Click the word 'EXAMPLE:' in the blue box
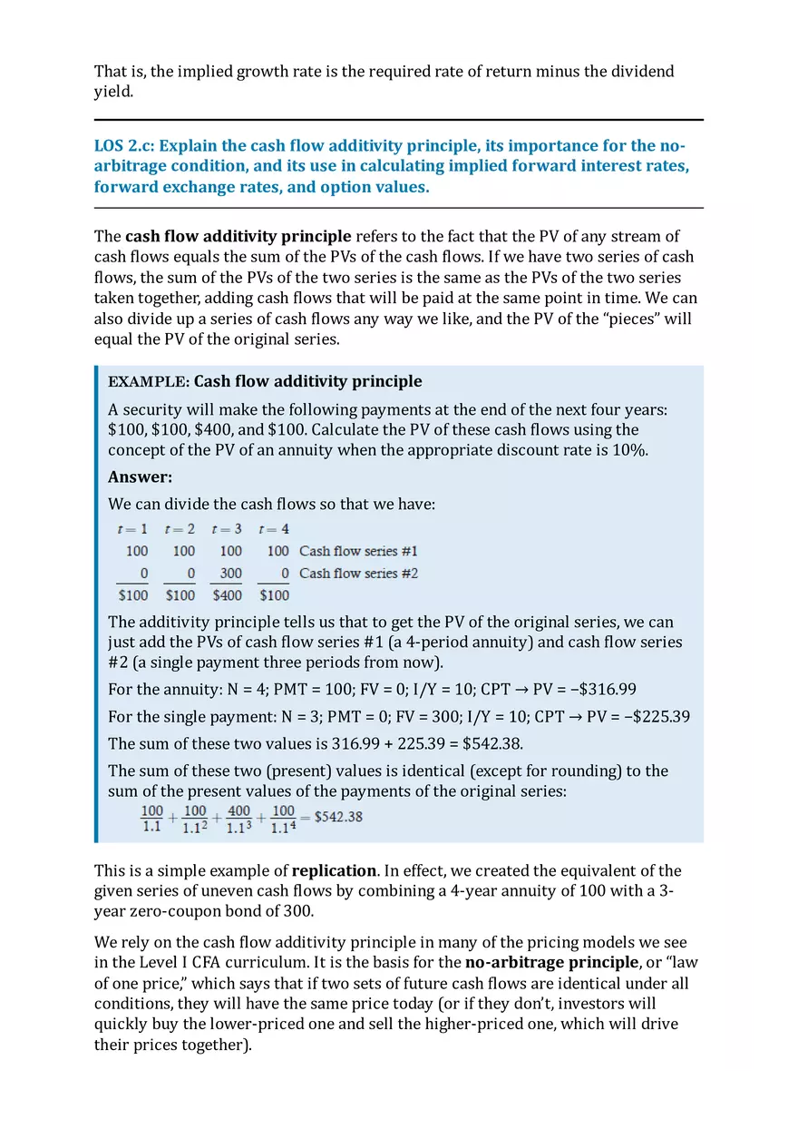pyautogui.click(x=148, y=382)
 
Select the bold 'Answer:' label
pyautogui.click(x=140, y=477)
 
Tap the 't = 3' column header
pyautogui.click(x=226, y=529)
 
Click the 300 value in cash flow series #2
pyautogui.click(x=230, y=574)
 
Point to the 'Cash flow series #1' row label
pyautogui.click(x=358, y=551)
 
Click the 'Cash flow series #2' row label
pyautogui.click(x=358, y=574)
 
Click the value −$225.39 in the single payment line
pyautogui.click(x=657, y=716)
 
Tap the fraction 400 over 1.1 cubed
pyautogui.click(x=238, y=818)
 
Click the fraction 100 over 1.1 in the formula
pyautogui.click(x=151, y=818)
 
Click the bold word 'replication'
pyautogui.click(x=334, y=870)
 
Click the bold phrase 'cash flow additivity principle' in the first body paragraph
pyautogui.click(x=238, y=238)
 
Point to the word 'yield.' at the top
pyautogui.click(x=112, y=92)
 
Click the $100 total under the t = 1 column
pyautogui.click(x=133, y=595)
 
